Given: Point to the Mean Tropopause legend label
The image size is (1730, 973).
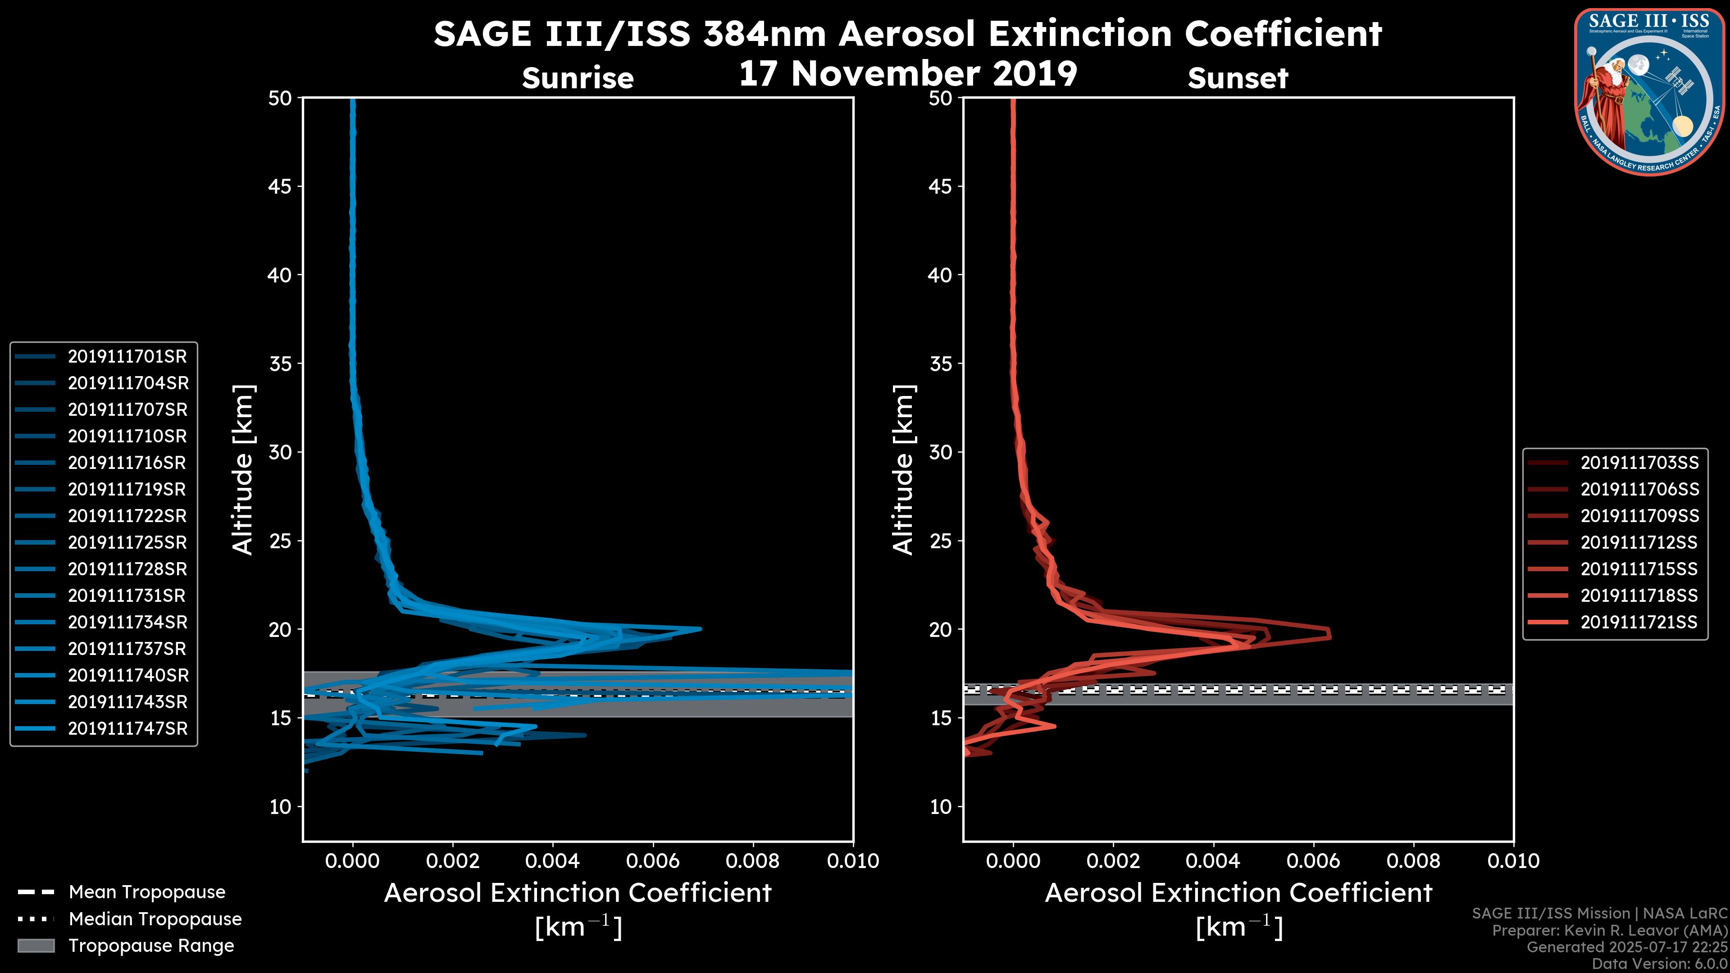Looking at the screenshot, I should pos(147,892).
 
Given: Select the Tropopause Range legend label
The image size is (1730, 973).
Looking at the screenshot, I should pos(151,946).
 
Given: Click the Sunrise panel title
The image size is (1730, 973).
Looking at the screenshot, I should pos(578,78).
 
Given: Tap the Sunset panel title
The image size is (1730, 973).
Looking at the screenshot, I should pos(1238,78).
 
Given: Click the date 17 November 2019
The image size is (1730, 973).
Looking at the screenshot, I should pos(908,74).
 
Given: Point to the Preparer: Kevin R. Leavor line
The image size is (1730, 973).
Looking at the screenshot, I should pos(1609,931).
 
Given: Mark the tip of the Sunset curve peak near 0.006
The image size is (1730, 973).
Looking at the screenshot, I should pos(1330,634).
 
